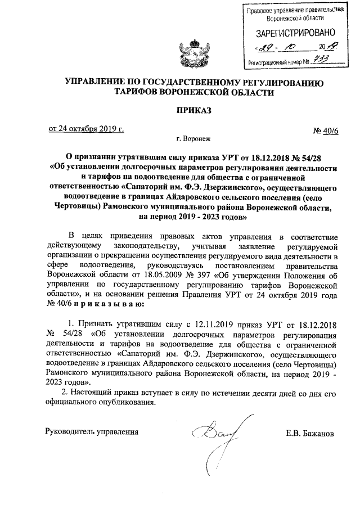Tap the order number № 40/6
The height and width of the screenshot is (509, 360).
326,131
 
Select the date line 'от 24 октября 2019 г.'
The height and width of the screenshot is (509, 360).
86,129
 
